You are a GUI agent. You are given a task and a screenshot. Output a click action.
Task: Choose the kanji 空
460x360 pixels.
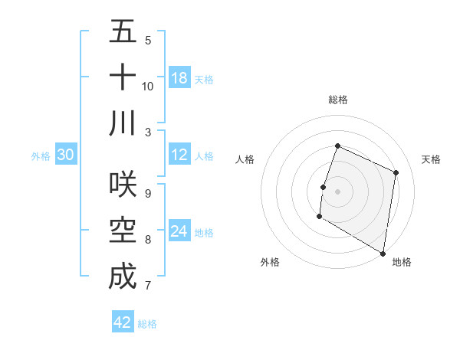(123, 230)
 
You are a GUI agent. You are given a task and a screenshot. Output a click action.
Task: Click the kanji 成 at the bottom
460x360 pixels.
(123, 276)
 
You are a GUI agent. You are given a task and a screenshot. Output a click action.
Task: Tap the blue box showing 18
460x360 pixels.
(179, 78)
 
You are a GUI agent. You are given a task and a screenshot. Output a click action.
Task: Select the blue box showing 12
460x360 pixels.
(179, 155)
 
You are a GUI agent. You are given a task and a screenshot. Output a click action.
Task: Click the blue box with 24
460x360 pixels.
(179, 231)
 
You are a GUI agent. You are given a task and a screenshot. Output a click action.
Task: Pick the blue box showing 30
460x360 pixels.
(66, 155)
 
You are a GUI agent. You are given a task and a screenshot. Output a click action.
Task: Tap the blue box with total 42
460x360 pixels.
(123, 322)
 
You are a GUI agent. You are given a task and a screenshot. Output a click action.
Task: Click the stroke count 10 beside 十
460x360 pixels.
(148, 86)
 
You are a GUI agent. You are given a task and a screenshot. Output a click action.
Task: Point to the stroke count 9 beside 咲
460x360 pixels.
(148, 194)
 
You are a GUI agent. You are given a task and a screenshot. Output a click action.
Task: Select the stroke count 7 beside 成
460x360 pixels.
(148, 286)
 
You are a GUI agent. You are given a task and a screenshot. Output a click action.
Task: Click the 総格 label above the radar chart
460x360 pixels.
(338, 100)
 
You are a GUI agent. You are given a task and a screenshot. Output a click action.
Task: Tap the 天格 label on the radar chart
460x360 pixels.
(431, 159)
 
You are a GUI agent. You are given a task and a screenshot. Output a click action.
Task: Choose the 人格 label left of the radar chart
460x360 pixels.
(245, 159)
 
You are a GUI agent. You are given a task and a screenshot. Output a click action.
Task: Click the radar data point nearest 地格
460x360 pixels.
(383, 253)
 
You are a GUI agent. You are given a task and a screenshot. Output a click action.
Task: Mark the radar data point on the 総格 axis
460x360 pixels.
(337, 146)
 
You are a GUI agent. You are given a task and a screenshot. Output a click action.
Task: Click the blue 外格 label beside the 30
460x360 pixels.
(41, 155)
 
